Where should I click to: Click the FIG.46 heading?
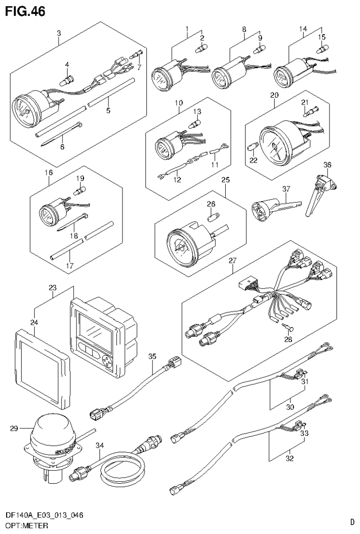pos(26,11)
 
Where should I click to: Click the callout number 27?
pos(231,261)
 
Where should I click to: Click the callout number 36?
pos(327,164)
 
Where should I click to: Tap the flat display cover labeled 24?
pos(42,366)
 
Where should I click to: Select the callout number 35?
pos(152,356)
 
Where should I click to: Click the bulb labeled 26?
pos(212,217)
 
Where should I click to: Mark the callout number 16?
pos(49,173)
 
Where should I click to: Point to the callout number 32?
pos(290,458)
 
